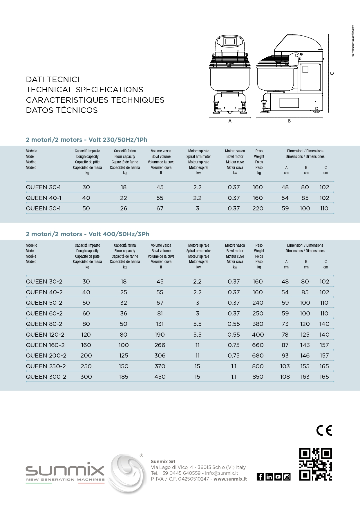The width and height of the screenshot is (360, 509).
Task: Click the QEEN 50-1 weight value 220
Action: [258, 208]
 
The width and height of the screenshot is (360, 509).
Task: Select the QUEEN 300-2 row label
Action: [46, 377]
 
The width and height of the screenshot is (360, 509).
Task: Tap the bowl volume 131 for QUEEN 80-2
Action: [160, 324]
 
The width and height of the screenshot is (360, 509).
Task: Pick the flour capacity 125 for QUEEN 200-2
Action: [124, 355]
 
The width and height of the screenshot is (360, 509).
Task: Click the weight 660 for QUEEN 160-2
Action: [258, 345]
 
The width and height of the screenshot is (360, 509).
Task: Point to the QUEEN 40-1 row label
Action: [44, 198]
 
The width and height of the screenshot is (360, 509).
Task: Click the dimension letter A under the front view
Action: [230, 121]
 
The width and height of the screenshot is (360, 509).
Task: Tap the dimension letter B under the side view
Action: [289, 121]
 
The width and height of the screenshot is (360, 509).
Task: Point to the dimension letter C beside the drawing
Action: [332, 73]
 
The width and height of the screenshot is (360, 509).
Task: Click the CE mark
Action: [324, 430]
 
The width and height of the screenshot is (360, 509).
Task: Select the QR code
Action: [315, 464]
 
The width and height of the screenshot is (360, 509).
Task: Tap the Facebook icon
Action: [260, 477]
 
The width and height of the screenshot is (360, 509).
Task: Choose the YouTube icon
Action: [278, 477]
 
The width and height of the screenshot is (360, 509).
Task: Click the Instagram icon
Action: [287, 477]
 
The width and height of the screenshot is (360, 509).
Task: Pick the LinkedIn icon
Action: [269, 477]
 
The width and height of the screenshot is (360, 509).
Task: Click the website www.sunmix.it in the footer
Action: [230, 479]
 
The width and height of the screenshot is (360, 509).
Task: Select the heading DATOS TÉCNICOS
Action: [62, 110]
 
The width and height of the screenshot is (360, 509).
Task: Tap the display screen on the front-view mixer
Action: [230, 41]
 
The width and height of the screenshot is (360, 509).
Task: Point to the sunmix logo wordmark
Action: [65, 470]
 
